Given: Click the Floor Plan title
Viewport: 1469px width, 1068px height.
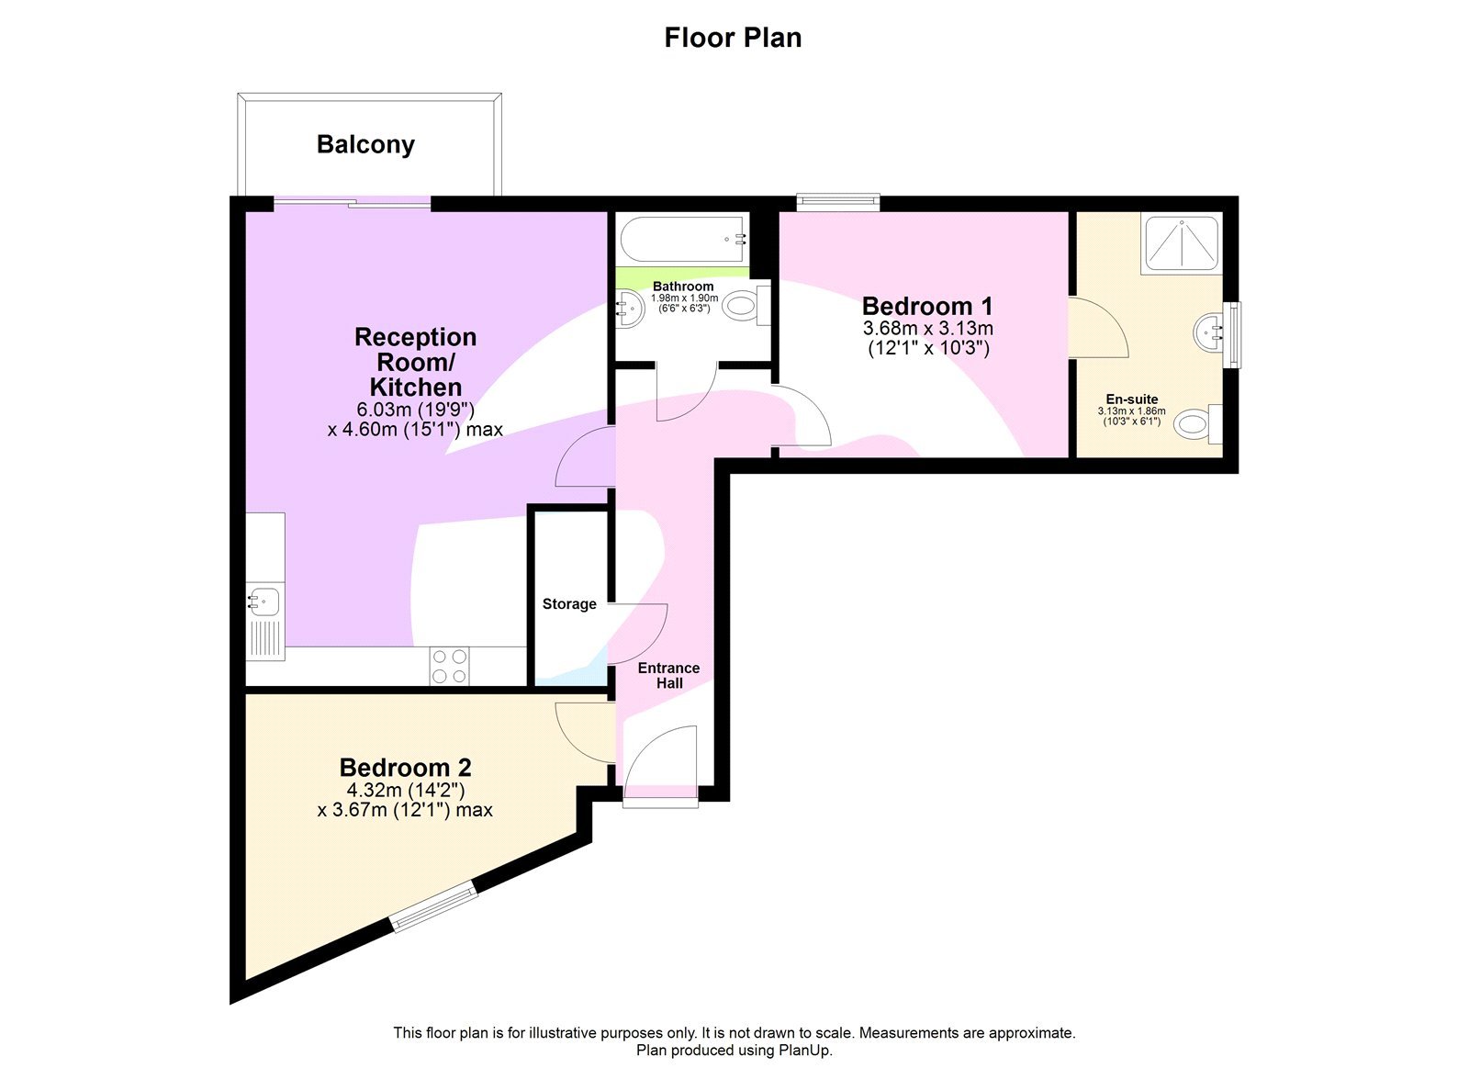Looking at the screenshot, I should click(x=733, y=38).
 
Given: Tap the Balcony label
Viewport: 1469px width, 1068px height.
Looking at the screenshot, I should click(x=365, y=144).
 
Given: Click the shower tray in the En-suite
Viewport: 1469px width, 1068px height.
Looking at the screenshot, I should click(x=1182, y=243).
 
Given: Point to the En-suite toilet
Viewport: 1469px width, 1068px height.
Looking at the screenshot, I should click(x=1195, y=424).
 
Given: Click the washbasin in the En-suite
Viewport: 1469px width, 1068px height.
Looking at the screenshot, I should click(x=1210, y=332).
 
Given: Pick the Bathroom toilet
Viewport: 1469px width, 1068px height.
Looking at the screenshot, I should click(x=744, y=306).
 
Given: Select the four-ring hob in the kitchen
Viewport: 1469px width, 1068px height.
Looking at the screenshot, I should click(x=450, y=666).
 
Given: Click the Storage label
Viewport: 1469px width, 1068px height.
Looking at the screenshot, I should click(x=569, y=604).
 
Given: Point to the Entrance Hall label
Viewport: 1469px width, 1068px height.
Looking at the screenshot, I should click(x=668, y=675).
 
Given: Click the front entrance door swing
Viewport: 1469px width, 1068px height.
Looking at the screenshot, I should click(x=663, y=758).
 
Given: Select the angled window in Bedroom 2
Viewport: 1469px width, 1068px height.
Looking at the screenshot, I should click(x=434, y=906).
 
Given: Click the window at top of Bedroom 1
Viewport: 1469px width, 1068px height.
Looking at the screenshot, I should click(x=837, y=202).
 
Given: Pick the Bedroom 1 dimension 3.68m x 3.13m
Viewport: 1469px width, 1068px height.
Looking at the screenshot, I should click(x=927, y=329).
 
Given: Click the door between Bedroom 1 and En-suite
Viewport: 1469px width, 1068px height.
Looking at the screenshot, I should click(x=1098, y=328).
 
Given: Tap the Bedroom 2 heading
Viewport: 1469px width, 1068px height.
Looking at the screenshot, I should click(x=405, y=768).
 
